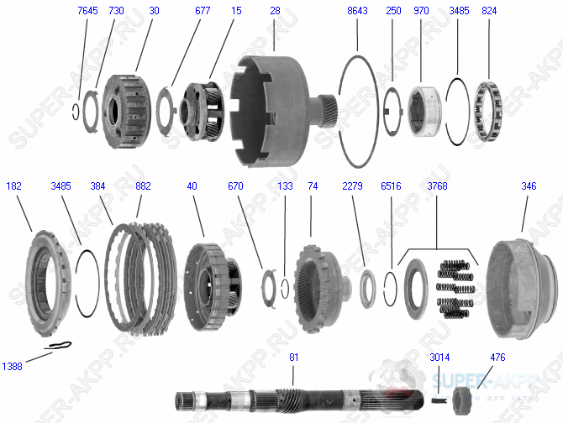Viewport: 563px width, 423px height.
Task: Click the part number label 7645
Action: tap(87, 10)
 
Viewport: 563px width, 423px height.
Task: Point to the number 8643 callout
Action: tap(356, 10)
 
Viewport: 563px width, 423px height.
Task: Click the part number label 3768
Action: tap(437, 185)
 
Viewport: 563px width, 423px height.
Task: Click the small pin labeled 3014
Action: tap(439, 399)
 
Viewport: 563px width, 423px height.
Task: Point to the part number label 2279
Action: tap(352, 185)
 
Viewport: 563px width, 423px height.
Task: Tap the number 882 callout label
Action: tap(143, 185)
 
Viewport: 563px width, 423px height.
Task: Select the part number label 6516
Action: tap(392, 185)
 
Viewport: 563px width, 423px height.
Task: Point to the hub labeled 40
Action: tap(208, 280)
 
